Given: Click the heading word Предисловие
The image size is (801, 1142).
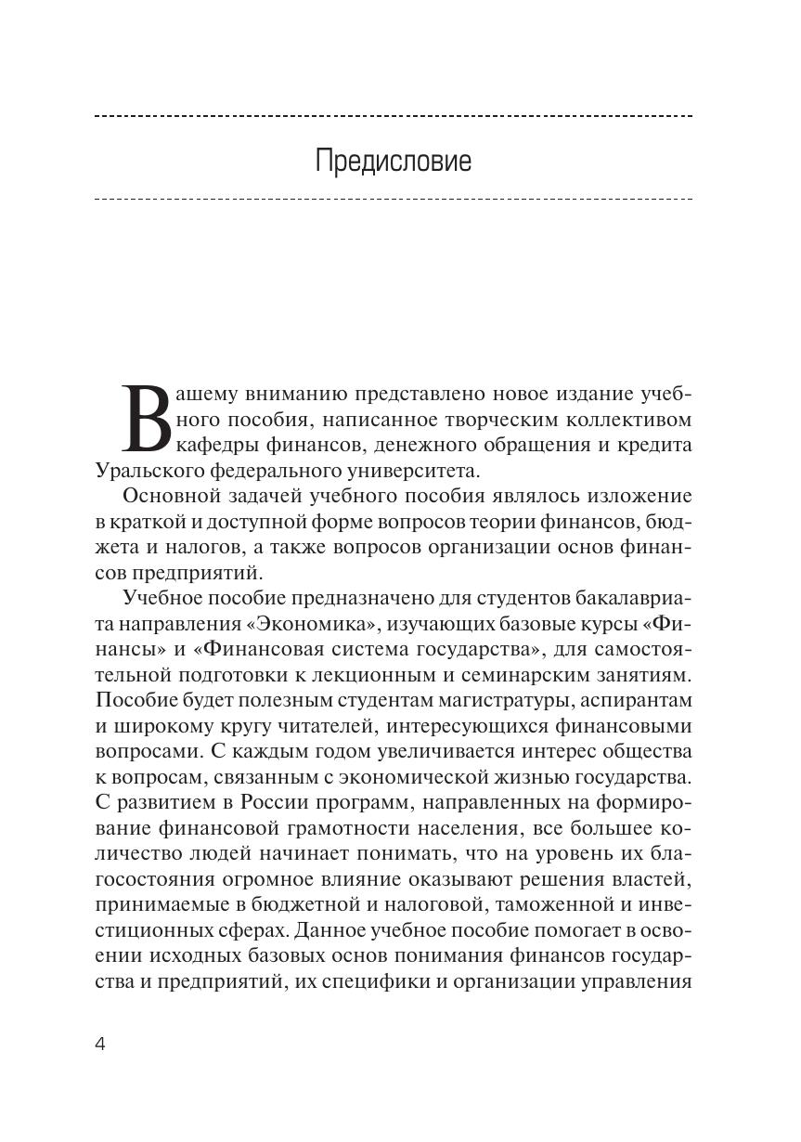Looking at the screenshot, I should coord(394,161).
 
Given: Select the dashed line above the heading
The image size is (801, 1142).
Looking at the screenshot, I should coord(394,116).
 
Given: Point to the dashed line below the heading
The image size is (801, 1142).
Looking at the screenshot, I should coord(394,199).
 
